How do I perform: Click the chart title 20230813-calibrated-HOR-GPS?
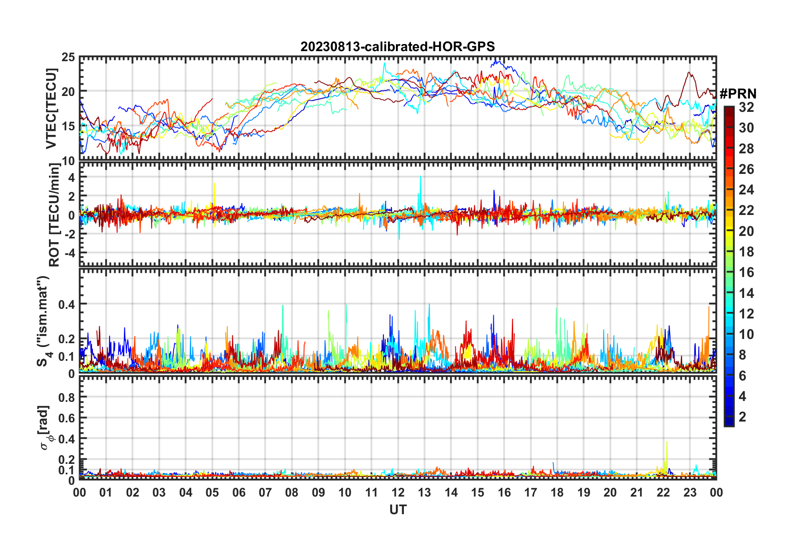398,47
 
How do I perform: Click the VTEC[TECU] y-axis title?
51,109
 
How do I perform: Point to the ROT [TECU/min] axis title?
54,215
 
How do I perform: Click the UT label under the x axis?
398,510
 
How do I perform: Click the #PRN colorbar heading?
738,93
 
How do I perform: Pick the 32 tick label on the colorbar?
746,107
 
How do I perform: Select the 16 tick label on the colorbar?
746,272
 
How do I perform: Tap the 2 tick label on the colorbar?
742,417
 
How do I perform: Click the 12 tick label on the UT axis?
398,492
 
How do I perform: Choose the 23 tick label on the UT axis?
690,492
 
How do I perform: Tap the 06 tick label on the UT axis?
239,492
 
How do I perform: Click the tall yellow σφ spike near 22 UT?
667,442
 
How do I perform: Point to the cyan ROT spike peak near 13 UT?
420,177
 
